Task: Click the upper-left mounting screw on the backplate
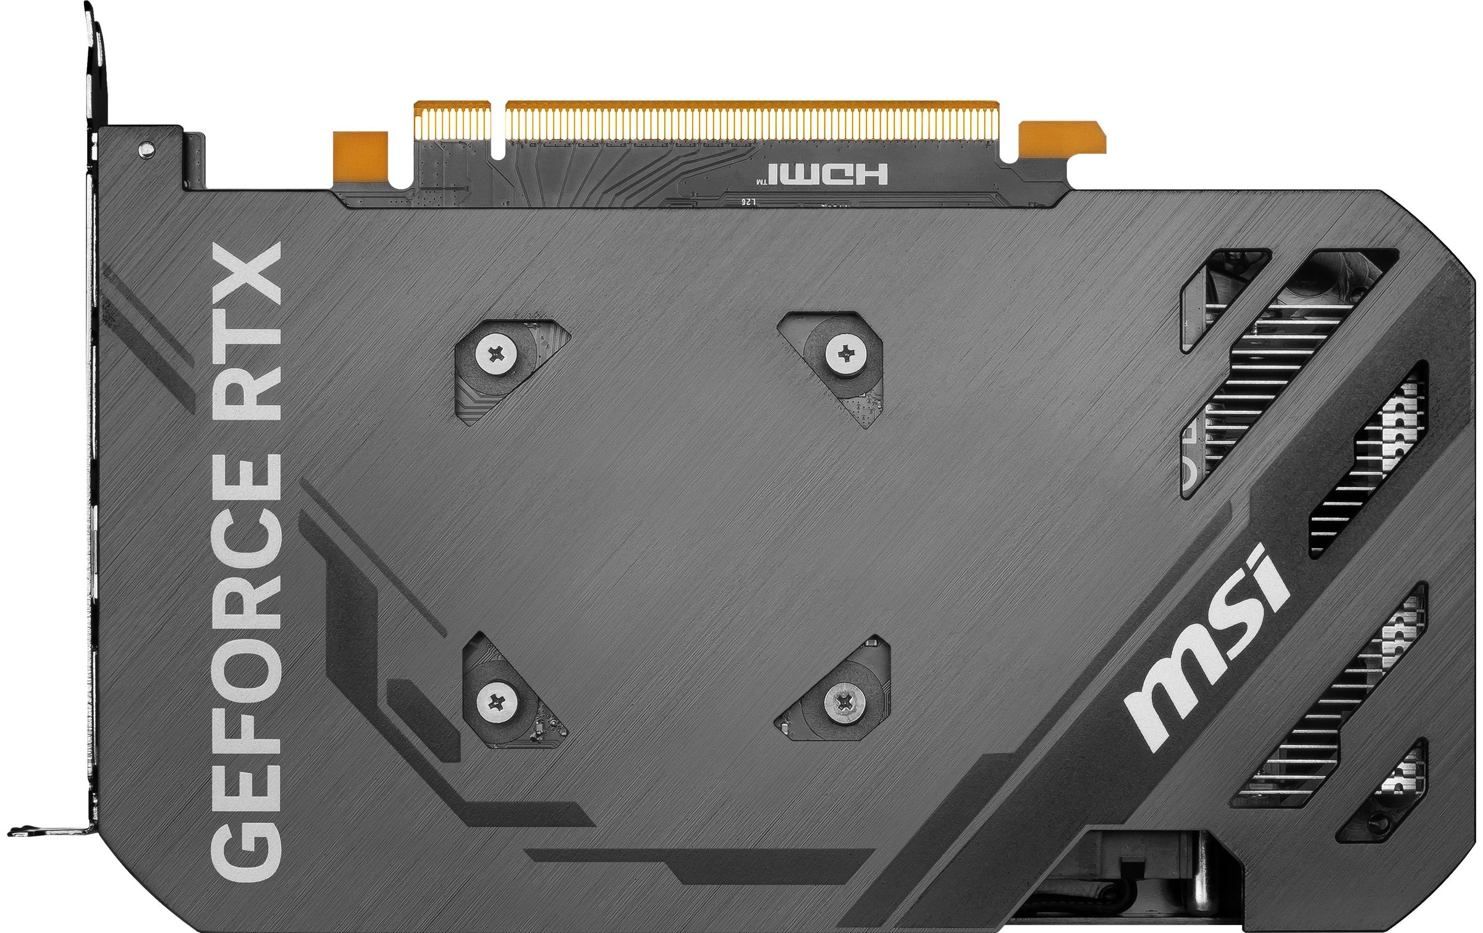pos(496,354)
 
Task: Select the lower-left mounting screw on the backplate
pos(496,701)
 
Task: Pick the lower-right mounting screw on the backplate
pos(845,701)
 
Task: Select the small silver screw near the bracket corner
pos(146,147)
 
